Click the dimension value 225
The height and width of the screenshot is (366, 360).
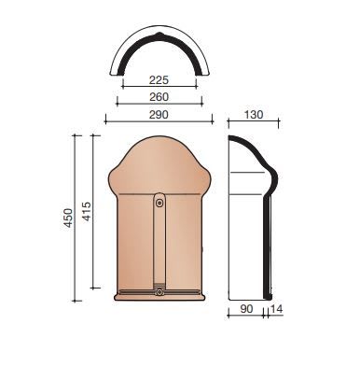(159, 80)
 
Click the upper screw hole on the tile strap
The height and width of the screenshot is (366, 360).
(159, 200)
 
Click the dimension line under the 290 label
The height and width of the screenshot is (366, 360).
(159, 121)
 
